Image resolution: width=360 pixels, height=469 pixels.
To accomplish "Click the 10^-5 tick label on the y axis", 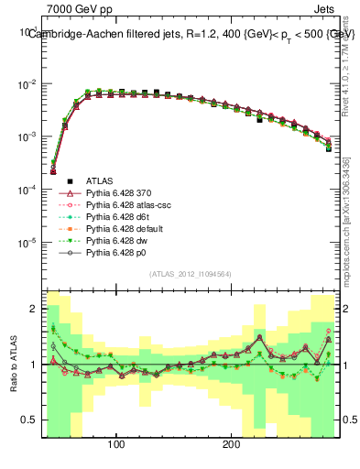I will (x=29, y=243).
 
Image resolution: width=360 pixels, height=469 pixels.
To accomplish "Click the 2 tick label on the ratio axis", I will (x=34, y=309).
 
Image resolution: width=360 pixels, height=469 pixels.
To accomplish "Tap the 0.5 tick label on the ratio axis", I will (x=30, y=420).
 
